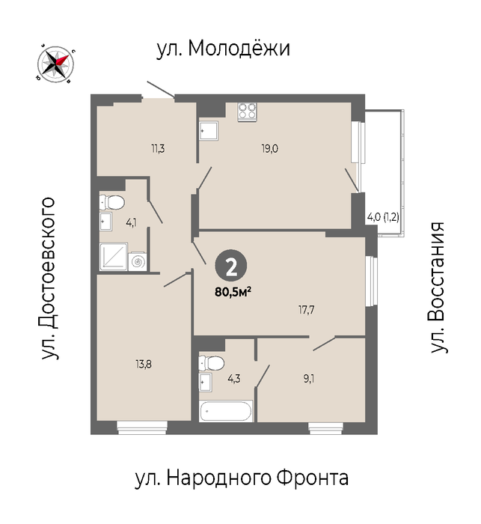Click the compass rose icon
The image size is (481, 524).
tap(56, 64)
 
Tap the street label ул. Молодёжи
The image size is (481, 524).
tap(223, 49)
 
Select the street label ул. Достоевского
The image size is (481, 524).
tap(48, 278)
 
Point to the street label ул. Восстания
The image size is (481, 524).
tap(438, 287)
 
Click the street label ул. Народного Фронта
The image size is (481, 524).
tap(242, 478)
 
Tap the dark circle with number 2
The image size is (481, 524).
tap(231, 266)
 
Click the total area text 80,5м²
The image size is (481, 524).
tap(233, 292)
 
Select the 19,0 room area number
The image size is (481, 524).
tap(269, 149)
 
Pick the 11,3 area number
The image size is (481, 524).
tap(158, 149)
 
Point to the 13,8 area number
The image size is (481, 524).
tap(144, 364)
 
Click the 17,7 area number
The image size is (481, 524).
tap(306, 310)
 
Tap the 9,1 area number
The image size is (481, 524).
tap(309, 379)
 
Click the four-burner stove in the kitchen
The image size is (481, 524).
tap(248, 112)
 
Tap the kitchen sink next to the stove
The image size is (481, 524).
tap(209, 131)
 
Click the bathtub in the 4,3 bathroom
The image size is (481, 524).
tap(225, 412)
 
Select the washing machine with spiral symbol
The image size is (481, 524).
tap(138, 261)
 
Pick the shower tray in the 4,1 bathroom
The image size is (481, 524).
tap(114, 256)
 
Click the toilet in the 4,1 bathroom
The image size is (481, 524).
tap(111, 202)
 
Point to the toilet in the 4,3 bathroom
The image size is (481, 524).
tap(211, 363)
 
